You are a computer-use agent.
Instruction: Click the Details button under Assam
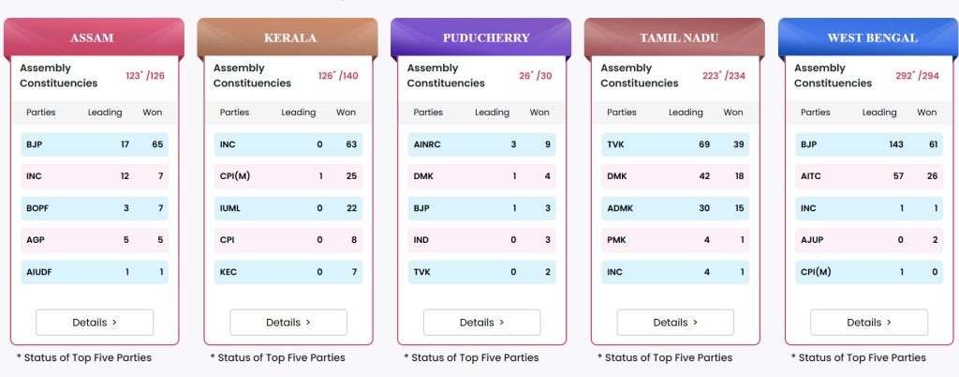coord(95,323)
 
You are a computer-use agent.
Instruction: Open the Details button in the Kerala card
coord(288,323)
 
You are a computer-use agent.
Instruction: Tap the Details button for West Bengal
coord(869,323)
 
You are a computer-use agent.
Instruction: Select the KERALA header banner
coord(288,38)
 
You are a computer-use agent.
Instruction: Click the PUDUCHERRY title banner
coord(480,38)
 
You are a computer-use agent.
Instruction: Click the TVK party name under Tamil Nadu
coord(616,145)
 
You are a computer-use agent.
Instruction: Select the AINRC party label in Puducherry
coord(427,145)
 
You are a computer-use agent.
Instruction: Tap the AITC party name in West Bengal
coord(811,176)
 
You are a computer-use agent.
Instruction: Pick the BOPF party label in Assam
coord(37,208)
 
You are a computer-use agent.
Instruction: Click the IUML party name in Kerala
coord(230,208)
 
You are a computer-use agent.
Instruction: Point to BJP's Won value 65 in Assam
coord(157,145)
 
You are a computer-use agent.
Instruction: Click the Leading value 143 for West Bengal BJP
coord(895,145)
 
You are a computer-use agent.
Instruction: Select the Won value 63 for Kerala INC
coord(351,145)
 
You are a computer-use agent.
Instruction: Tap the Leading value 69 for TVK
coord(704,145)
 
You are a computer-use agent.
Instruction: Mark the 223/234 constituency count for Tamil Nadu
coord(724,76)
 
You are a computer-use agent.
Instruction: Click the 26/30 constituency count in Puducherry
coord(535,76)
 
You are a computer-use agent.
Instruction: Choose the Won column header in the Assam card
coord(153,113)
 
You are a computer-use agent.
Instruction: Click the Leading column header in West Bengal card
coord(879,113)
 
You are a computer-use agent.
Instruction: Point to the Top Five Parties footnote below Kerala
coord(277,357)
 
